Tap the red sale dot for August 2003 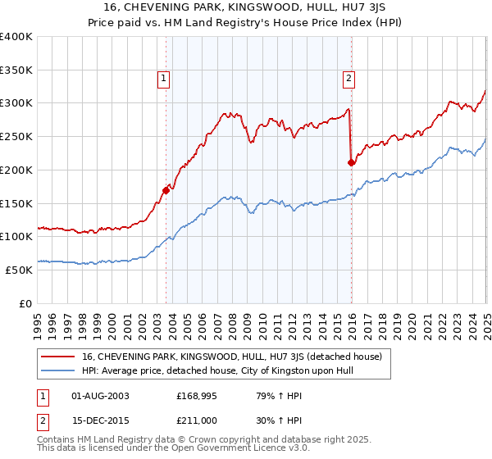[x=166, y=190]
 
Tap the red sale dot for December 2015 [x=351, y=162]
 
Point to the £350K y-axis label [x=16, y=70]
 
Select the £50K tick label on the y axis [x=20, y=270]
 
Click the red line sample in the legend [x=58, y=356]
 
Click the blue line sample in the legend [x=58, y=370]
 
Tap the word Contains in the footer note [x=57, y=441]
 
